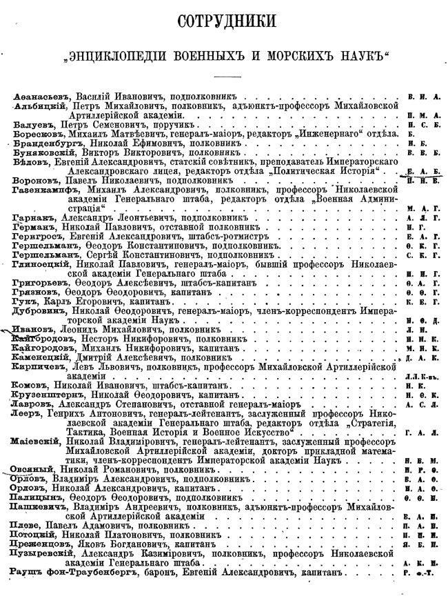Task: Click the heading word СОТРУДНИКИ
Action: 223,21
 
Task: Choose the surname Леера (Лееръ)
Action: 26,412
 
